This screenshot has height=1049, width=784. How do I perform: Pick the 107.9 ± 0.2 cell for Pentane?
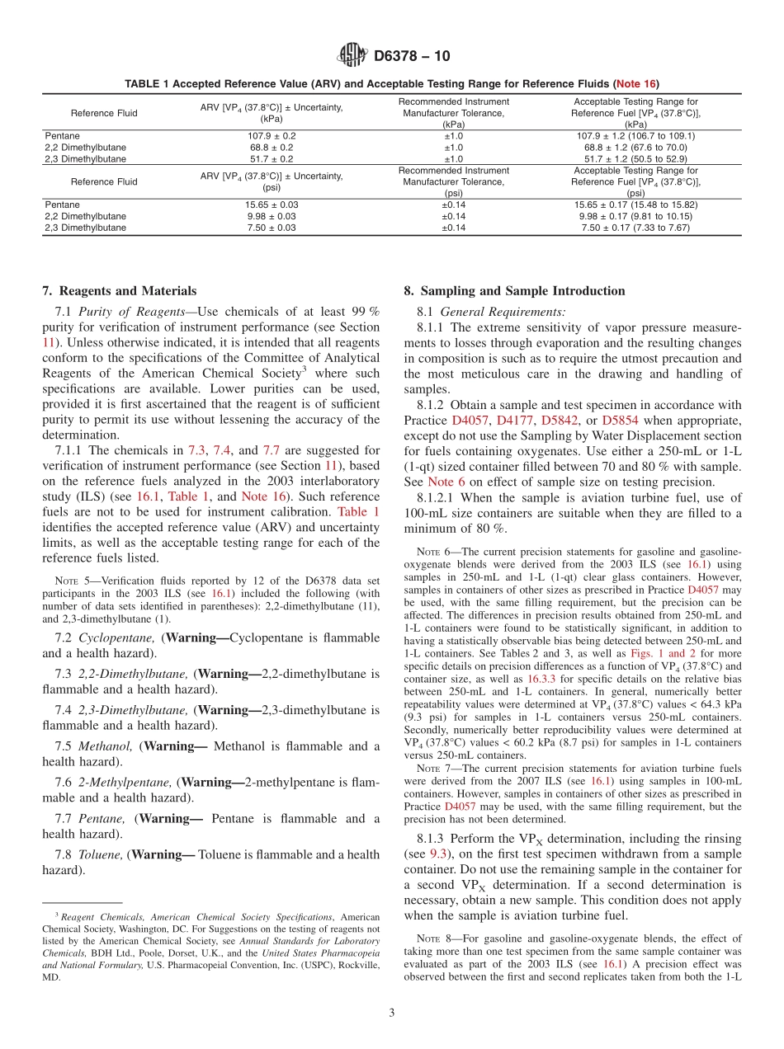(272, 136)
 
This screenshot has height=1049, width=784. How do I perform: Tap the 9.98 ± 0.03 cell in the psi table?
(272, 216)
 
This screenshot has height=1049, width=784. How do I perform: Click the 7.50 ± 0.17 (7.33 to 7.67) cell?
(635, 228)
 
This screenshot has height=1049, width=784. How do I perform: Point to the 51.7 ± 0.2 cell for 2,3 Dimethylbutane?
(272, 158)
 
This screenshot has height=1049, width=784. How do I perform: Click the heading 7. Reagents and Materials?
(120, 290)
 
